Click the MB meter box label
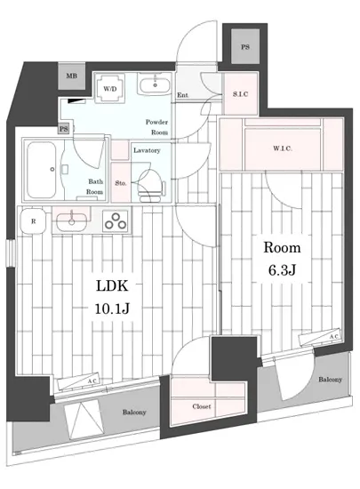(x=72, y=76)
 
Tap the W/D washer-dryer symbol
(x=109, y=89)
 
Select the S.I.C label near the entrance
(x=240, y=94)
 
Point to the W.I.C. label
(x=283, y=148)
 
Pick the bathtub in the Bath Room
(x=42, y=170)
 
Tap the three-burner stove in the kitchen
(x=116, y=221)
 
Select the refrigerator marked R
(x=34, y=220)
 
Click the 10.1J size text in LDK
(x=112, y=309)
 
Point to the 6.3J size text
(x=282, y=270)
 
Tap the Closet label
(x=202, y=406)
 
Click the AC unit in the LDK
(x=79, y=381)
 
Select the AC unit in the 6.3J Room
(x=320, y=337)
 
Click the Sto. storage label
(x=121, y=183)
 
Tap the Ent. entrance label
(x=182, y=95)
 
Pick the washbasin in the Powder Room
(x=155, y=84)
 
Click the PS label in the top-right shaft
(x=245, y=47)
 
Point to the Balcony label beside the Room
(x=330, y=380)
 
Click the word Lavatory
(x=147, y=150)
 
